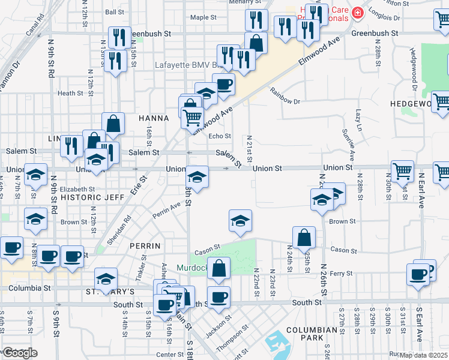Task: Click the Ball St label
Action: [114, 11]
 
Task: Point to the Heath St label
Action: [70, 93]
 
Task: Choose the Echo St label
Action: [219, 136]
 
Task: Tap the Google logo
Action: [19, 353]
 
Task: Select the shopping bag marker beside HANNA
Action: [113, 124]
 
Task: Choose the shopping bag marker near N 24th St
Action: [304, 237]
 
